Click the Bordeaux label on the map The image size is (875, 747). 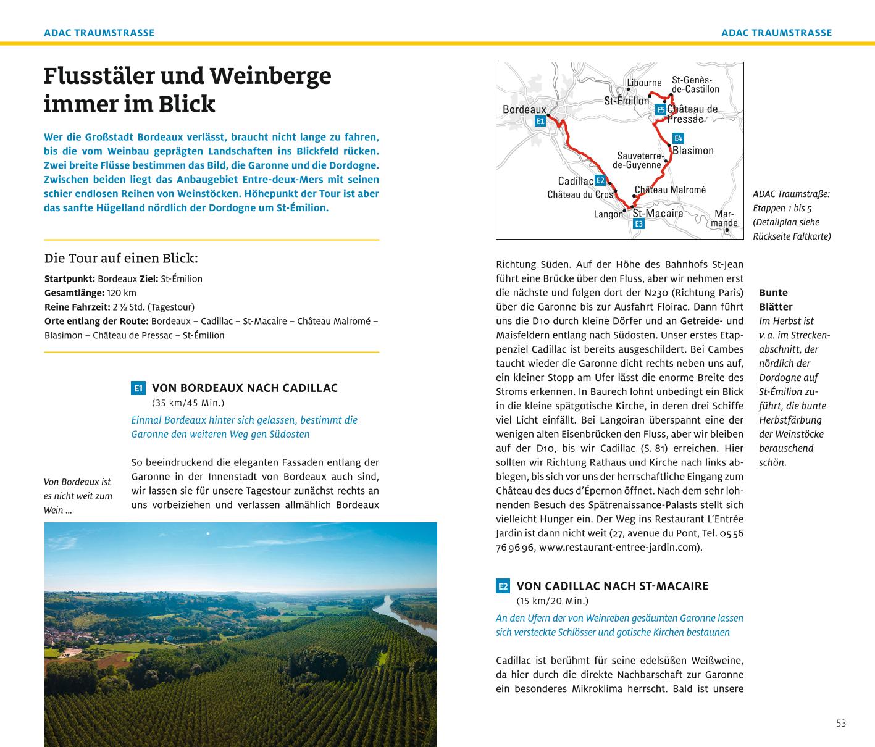point(524,109)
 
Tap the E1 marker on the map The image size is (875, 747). point(540,121)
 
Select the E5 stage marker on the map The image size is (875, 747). point(660,110)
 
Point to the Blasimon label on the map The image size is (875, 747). point(693,151)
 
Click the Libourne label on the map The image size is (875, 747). point(644,83)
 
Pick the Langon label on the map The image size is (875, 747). point(608,214)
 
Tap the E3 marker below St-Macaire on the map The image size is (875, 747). point(638,223)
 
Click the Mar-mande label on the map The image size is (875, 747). point(724,219)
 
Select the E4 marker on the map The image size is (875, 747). point(678,138)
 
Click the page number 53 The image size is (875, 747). point(840,723)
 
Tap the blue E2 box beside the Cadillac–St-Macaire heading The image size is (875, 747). point(503,586)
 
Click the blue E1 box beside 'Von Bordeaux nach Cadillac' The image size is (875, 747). point(138,388)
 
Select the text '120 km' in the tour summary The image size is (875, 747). point(122,293)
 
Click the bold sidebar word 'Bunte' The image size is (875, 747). point(773,293)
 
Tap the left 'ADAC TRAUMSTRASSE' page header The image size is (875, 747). point(99,33)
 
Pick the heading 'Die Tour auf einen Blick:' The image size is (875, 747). point(121,258)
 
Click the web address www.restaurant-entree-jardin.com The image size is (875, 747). point(619,547)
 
